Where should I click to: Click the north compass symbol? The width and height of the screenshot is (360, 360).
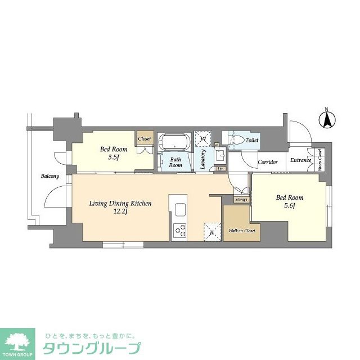327,119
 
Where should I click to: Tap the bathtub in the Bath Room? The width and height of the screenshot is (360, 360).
175,141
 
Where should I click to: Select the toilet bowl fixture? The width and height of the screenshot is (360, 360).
237,140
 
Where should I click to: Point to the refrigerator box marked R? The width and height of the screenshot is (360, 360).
211,231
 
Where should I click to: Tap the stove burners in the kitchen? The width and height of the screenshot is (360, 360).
180,229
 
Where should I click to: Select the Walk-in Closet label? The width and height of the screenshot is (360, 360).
242,231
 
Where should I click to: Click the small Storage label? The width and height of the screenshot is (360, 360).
241,199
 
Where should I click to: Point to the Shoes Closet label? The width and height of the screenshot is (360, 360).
320,159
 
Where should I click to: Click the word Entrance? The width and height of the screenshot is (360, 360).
301,160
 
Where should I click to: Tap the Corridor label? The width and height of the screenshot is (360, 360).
268,163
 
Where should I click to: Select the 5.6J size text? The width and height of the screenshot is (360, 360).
289,206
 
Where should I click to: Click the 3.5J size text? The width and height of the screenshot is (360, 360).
114,158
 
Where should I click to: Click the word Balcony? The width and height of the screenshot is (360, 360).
49,176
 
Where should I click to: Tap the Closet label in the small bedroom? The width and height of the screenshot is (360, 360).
145,138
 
